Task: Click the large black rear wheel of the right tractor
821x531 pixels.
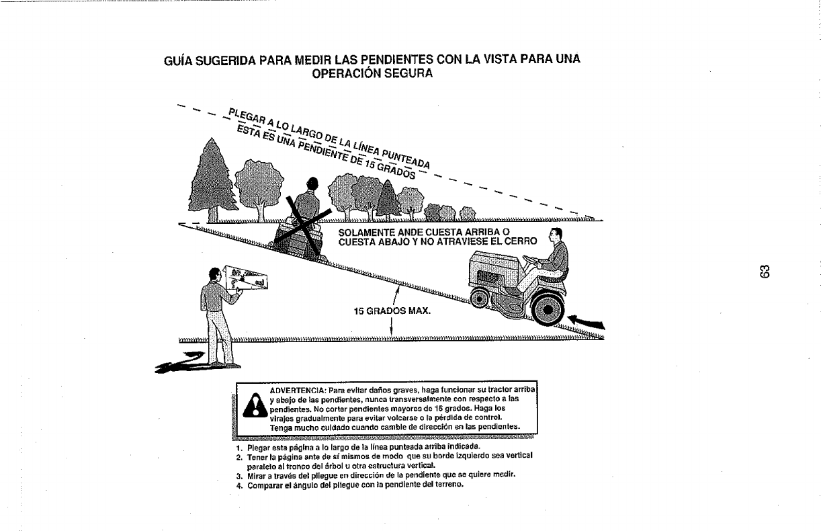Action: (x=548, y=310)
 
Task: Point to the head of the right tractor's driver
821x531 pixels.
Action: (x=555, y=236)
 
